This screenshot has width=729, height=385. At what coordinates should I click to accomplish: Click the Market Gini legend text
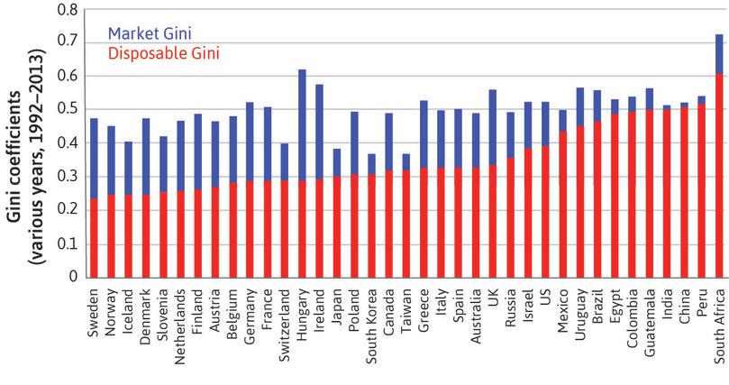[150, 33]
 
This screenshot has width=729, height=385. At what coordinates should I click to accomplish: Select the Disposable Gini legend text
[163, 53]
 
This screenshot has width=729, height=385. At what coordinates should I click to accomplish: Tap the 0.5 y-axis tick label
[65, 109]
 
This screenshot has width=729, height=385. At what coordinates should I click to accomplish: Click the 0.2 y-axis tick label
[65, 211]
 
